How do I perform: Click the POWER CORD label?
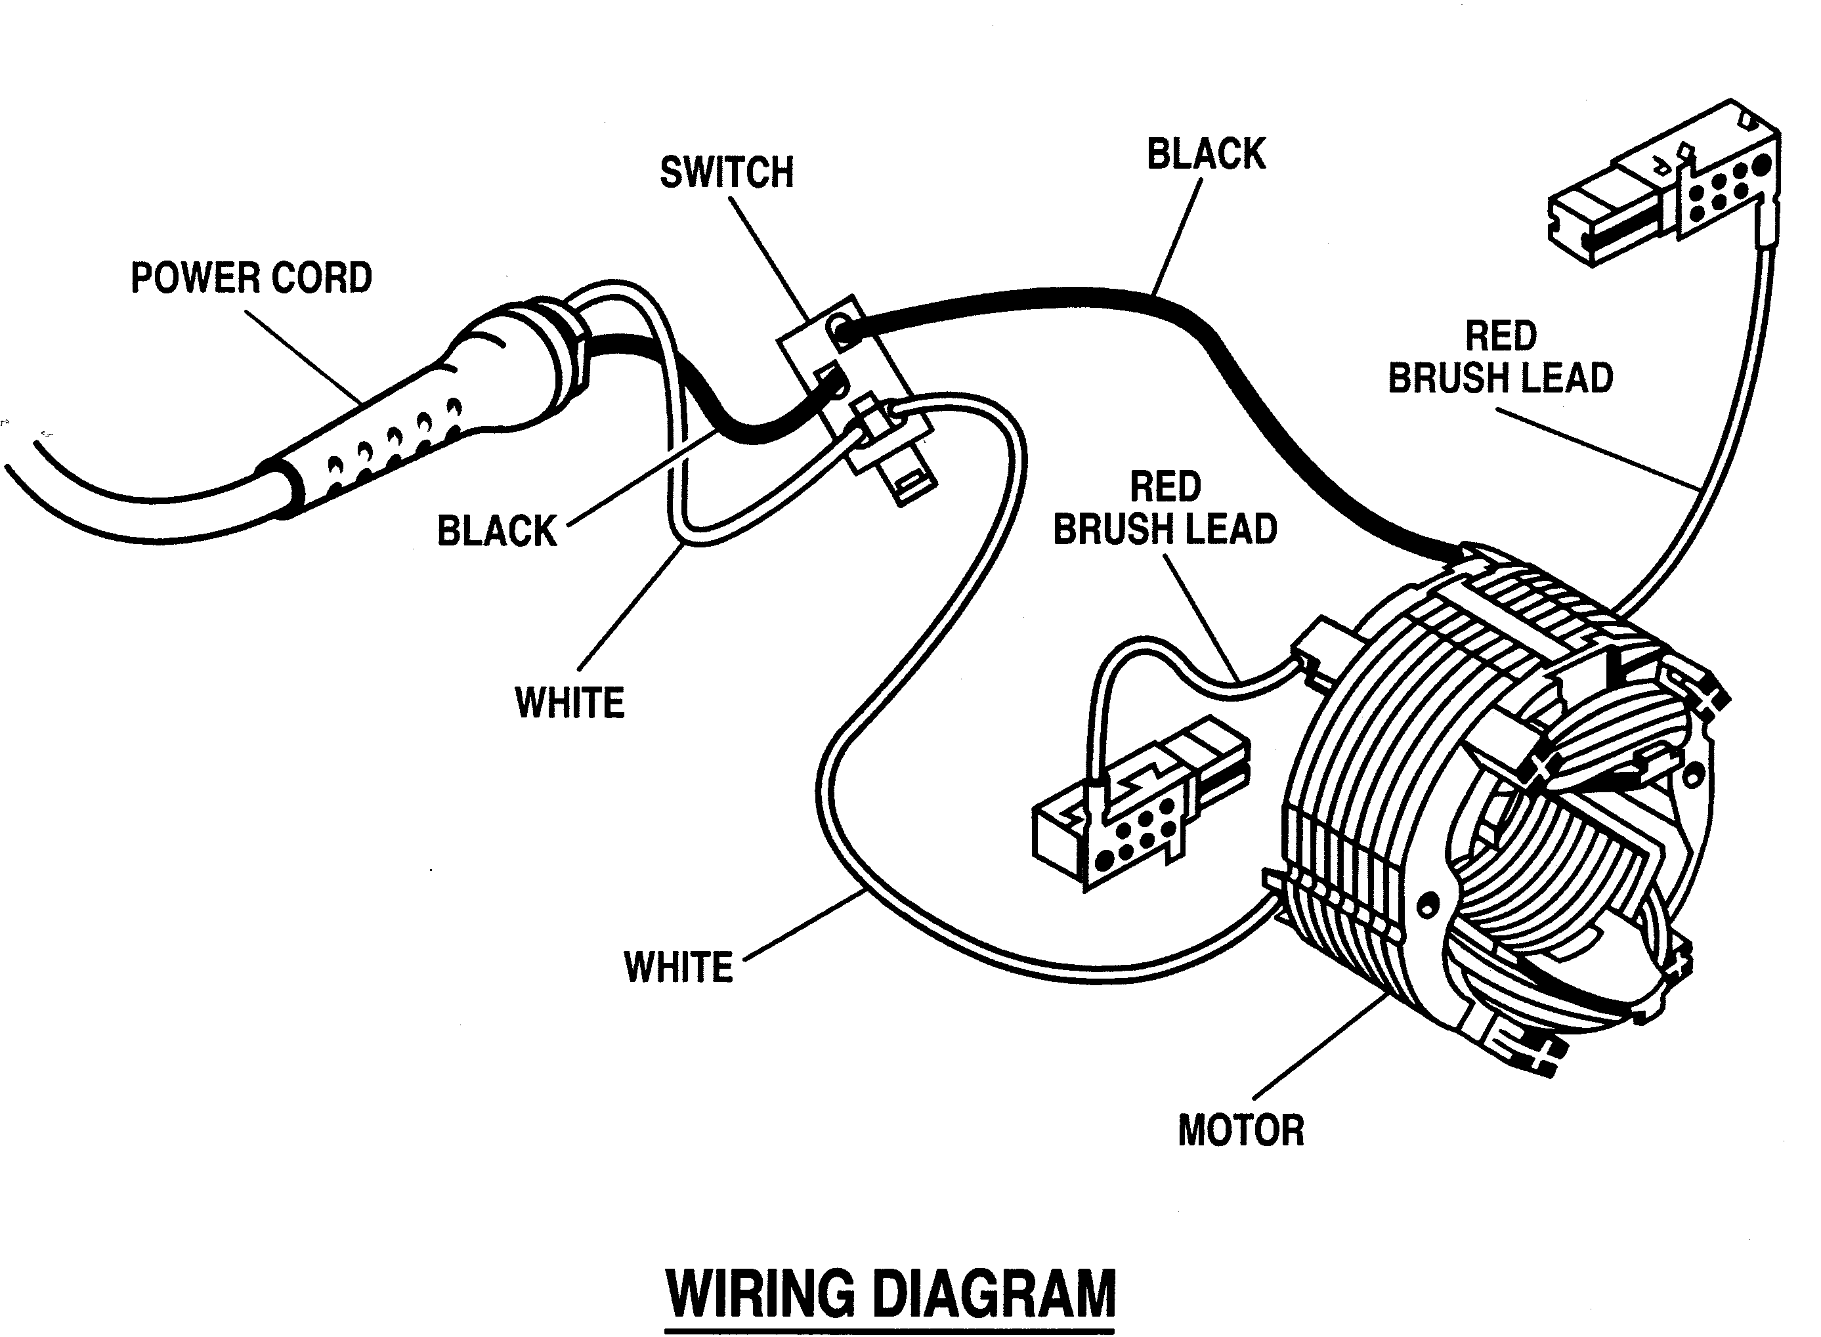pyautogui.click(x=251, y=278)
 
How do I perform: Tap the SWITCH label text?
pyautogui.click(x=726, y=173)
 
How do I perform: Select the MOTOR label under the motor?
pyautogui.click(x=1240, y=1131)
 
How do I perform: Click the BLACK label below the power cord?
pyautogui.click(x=496, y=532)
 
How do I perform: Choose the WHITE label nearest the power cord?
pyautogui.click(x=570, y=702)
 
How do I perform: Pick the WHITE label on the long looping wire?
pyautogui.click(x=678, y=967)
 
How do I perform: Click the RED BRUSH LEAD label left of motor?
pyautogui.click(x=1165, y=508)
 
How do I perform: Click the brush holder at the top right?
pyautogui.click(x=1667, y=186)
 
